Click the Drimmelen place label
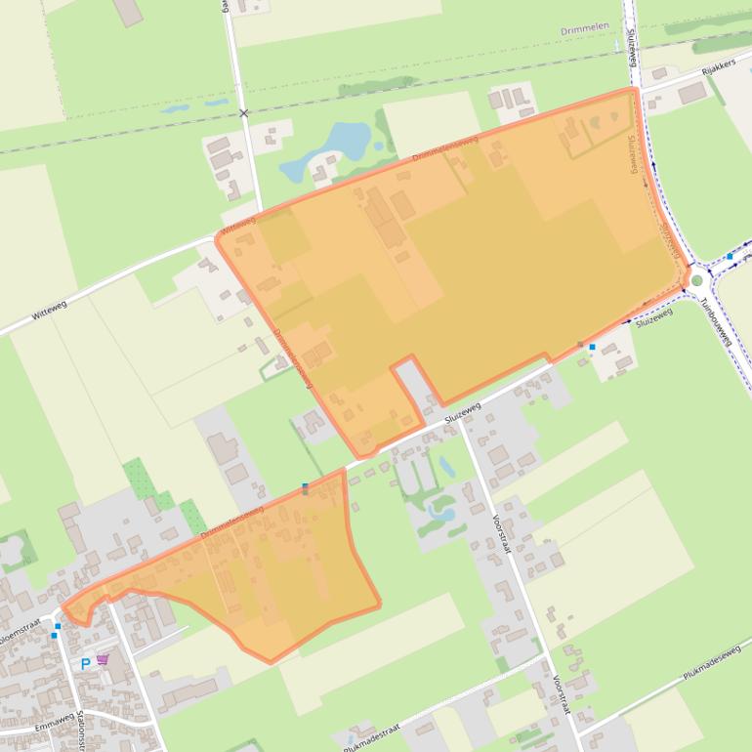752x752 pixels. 584,30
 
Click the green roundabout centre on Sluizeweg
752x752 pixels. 696,281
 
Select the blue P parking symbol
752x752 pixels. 85,663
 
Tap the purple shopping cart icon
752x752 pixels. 103,661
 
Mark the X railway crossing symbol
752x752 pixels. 244,113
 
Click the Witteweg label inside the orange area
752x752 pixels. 238,225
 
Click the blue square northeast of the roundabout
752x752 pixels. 730,256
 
